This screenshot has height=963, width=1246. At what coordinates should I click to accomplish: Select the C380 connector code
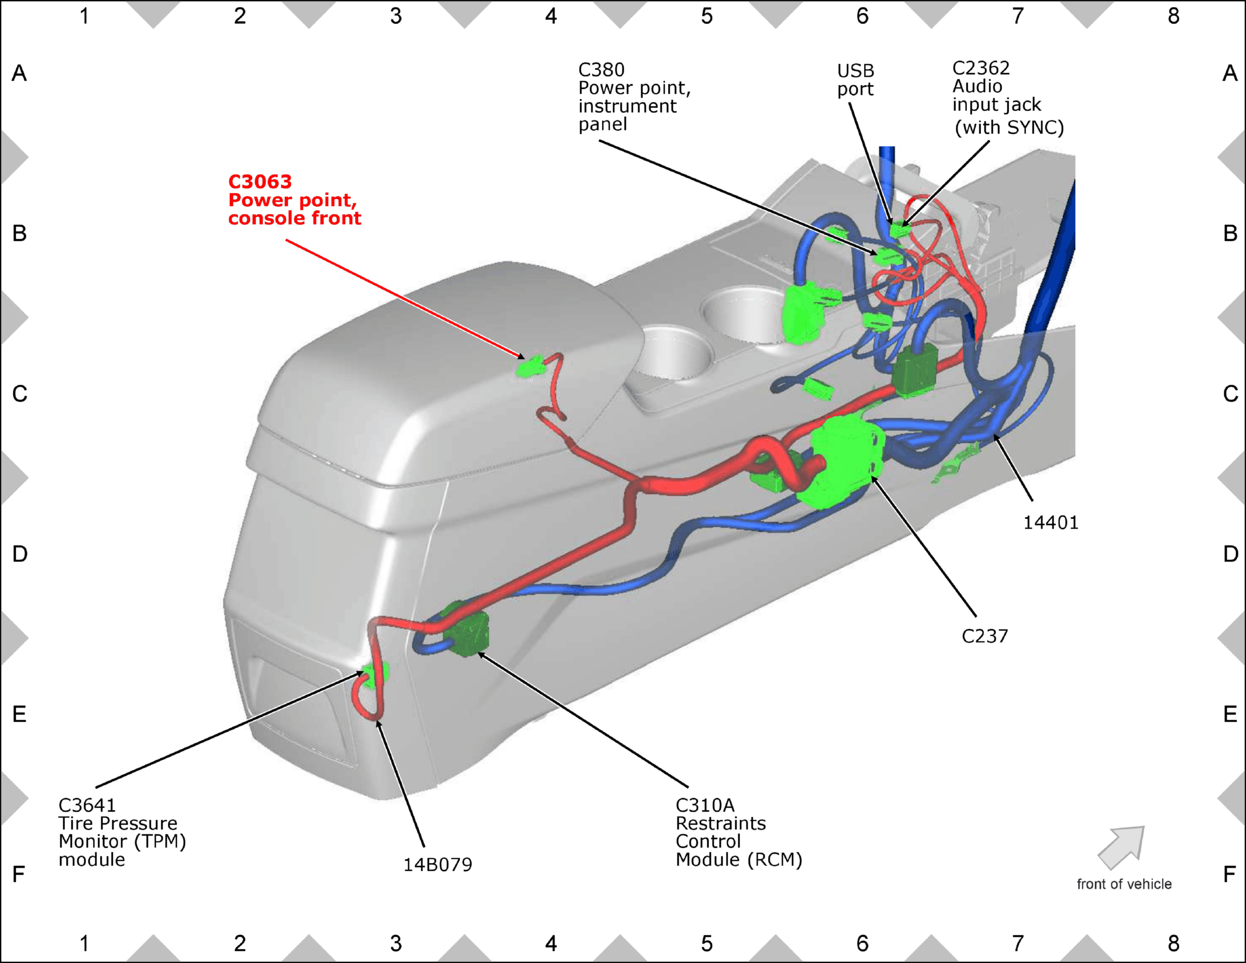tap(601, 70)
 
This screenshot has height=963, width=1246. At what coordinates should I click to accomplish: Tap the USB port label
tap(855, 80)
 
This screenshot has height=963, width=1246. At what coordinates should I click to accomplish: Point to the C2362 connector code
tap(981, 68)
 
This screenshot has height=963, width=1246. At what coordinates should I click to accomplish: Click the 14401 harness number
tap(1051, 523)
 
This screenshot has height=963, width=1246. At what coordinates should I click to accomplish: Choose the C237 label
tap(985, 636)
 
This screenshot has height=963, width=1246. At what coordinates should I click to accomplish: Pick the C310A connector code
tap(705, 806)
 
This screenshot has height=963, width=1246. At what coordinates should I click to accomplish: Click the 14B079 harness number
tap(438, 865)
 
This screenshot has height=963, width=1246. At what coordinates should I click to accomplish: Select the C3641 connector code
tap(87, 806)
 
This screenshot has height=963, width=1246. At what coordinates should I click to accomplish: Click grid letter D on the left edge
tap(19, 554)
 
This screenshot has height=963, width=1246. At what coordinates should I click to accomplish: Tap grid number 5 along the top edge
tap(707, 16)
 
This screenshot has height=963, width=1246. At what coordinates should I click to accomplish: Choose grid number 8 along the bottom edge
tap(1173, 944)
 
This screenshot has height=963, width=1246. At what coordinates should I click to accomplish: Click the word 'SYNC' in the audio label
tap(1032, 127)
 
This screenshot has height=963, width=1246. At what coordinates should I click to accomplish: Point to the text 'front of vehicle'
tap(1124, 884)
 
